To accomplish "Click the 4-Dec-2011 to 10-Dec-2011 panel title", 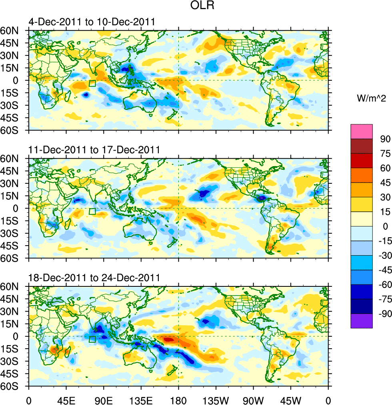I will [x=92, y=22].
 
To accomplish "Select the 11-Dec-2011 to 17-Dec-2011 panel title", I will [x=94, y=150].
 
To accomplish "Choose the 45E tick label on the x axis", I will [x=66, y=399].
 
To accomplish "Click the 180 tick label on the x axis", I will [x=178, y=399].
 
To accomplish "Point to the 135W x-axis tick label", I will [x=216, y=399].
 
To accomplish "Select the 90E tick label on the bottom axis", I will [x=104, y=399].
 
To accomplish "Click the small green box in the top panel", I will [x=92, y=83].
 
